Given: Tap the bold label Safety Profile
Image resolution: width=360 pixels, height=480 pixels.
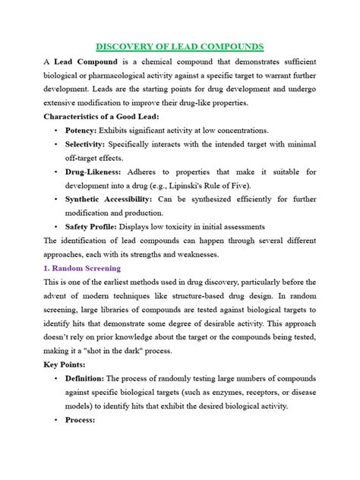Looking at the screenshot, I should point(96,226).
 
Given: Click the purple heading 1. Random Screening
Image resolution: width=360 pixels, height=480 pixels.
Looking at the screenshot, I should point(83,268).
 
